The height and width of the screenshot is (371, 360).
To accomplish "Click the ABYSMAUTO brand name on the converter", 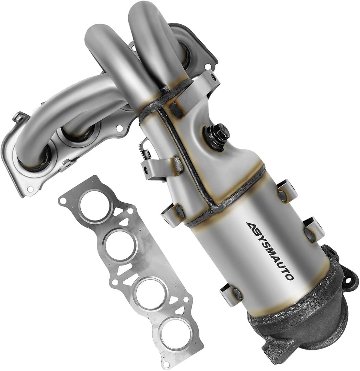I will point(270,251).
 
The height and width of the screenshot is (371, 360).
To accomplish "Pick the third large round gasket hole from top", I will point(150,293).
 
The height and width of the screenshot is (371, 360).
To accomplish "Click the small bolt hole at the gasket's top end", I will point(63,201).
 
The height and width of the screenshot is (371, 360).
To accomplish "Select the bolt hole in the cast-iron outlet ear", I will point(349,280).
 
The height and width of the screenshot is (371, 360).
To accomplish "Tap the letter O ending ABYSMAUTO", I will point(289,276).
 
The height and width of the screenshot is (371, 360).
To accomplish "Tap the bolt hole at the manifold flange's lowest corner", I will point(31,189).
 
